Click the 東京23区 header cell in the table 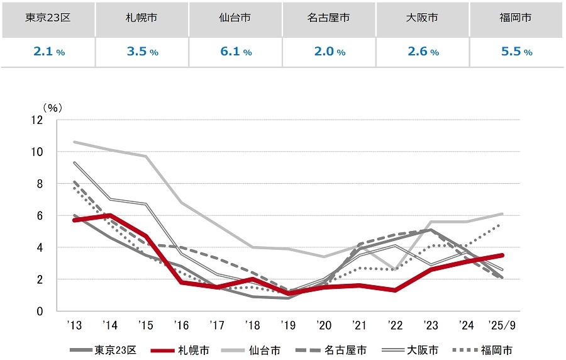[48, 18]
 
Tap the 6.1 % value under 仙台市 [235, 52]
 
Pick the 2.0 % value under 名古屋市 [329, 52]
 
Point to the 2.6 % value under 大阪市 [423, 52]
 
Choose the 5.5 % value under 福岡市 [516, 52]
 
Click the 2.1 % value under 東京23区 [48, 52]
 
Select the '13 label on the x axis [75, 326]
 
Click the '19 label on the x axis [288, 326]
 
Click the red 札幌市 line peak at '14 [111, 215]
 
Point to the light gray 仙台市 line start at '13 [75, 142]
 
